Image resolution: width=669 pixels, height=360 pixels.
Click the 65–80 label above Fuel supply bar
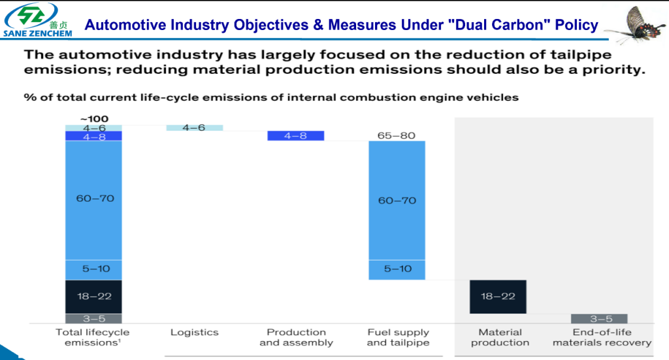[x=397, y=135]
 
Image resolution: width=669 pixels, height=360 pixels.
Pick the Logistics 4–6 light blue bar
[x=194, y=127]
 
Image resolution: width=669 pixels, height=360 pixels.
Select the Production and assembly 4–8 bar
[x=296, y=136]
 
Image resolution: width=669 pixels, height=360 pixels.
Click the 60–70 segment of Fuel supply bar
[x=397, y=200]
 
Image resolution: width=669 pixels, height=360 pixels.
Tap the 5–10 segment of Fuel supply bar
[x=397, y=269]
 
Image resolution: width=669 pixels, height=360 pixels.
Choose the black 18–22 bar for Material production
[x=498, y=296]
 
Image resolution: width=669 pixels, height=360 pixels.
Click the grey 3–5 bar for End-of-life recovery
[x=599, y=319]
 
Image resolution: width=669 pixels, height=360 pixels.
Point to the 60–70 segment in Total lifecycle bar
[x=93, y=199]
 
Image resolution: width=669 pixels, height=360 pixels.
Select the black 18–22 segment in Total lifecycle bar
[x=93, y=296]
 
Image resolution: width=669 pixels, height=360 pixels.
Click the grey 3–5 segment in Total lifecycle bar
[x=93, y=319]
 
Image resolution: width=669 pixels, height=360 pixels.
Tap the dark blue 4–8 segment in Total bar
[x=93, y=136]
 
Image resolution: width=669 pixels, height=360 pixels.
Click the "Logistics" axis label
[x=194, y=333]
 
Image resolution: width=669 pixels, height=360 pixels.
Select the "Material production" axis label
[x=500, y=337]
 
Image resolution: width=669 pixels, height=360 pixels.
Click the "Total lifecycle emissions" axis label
[x=93, y=337]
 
